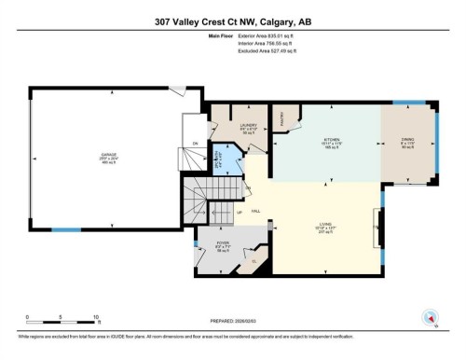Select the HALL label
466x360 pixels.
tap(255, 212)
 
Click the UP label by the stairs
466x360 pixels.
tap(239, 213)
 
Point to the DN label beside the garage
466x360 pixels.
tap(195, 143)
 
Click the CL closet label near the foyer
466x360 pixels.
tap(254, 261)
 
